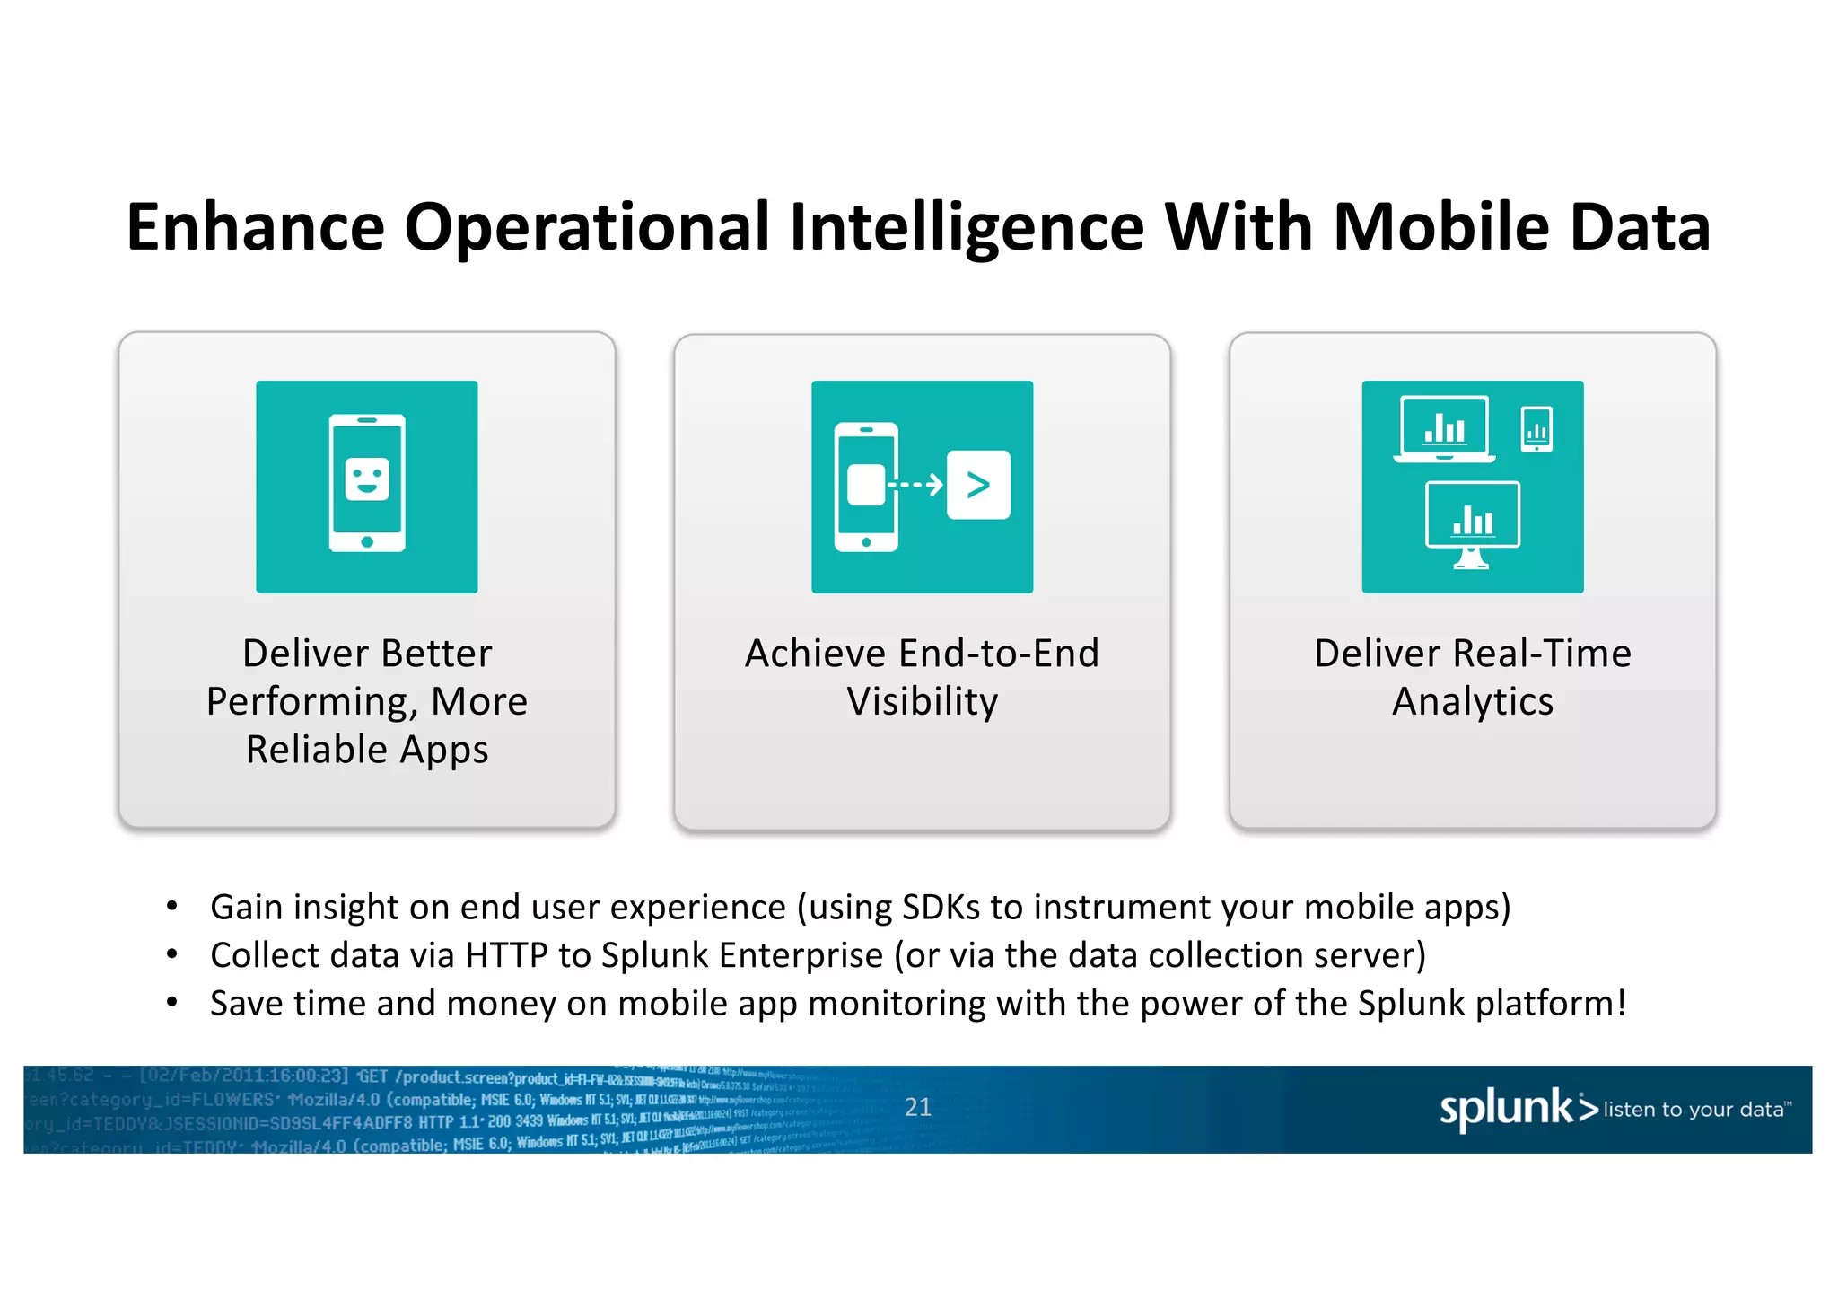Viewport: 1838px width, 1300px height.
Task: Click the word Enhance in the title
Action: (x=255, y=227)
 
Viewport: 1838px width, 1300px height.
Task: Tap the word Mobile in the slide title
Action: (x=1441, y=227)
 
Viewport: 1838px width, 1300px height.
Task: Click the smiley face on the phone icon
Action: (x=367, y=479)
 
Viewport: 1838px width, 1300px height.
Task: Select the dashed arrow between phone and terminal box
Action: (x=915, y=485)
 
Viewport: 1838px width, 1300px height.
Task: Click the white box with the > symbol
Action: (x=978, y=485)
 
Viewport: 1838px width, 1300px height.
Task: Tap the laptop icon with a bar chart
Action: (x=1444, y=429)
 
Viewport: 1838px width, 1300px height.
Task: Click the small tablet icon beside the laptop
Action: (x=1537, y=429)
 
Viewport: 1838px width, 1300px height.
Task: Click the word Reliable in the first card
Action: (x=316, y=750)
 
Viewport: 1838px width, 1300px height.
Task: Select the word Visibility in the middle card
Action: (x=922, y=701)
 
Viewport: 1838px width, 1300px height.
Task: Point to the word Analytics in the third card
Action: (x=1472, y=701)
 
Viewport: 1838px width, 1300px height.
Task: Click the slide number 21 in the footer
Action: (x=917, y=1107)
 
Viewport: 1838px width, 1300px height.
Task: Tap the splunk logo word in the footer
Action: (x=1506, y=1108)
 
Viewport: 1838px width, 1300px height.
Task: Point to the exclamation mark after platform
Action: (x=1622, y=1003)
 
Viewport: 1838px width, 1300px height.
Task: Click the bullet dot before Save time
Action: (x=172, y=1002)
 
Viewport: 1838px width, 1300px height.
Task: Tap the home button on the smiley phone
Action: (x=367, y=541)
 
